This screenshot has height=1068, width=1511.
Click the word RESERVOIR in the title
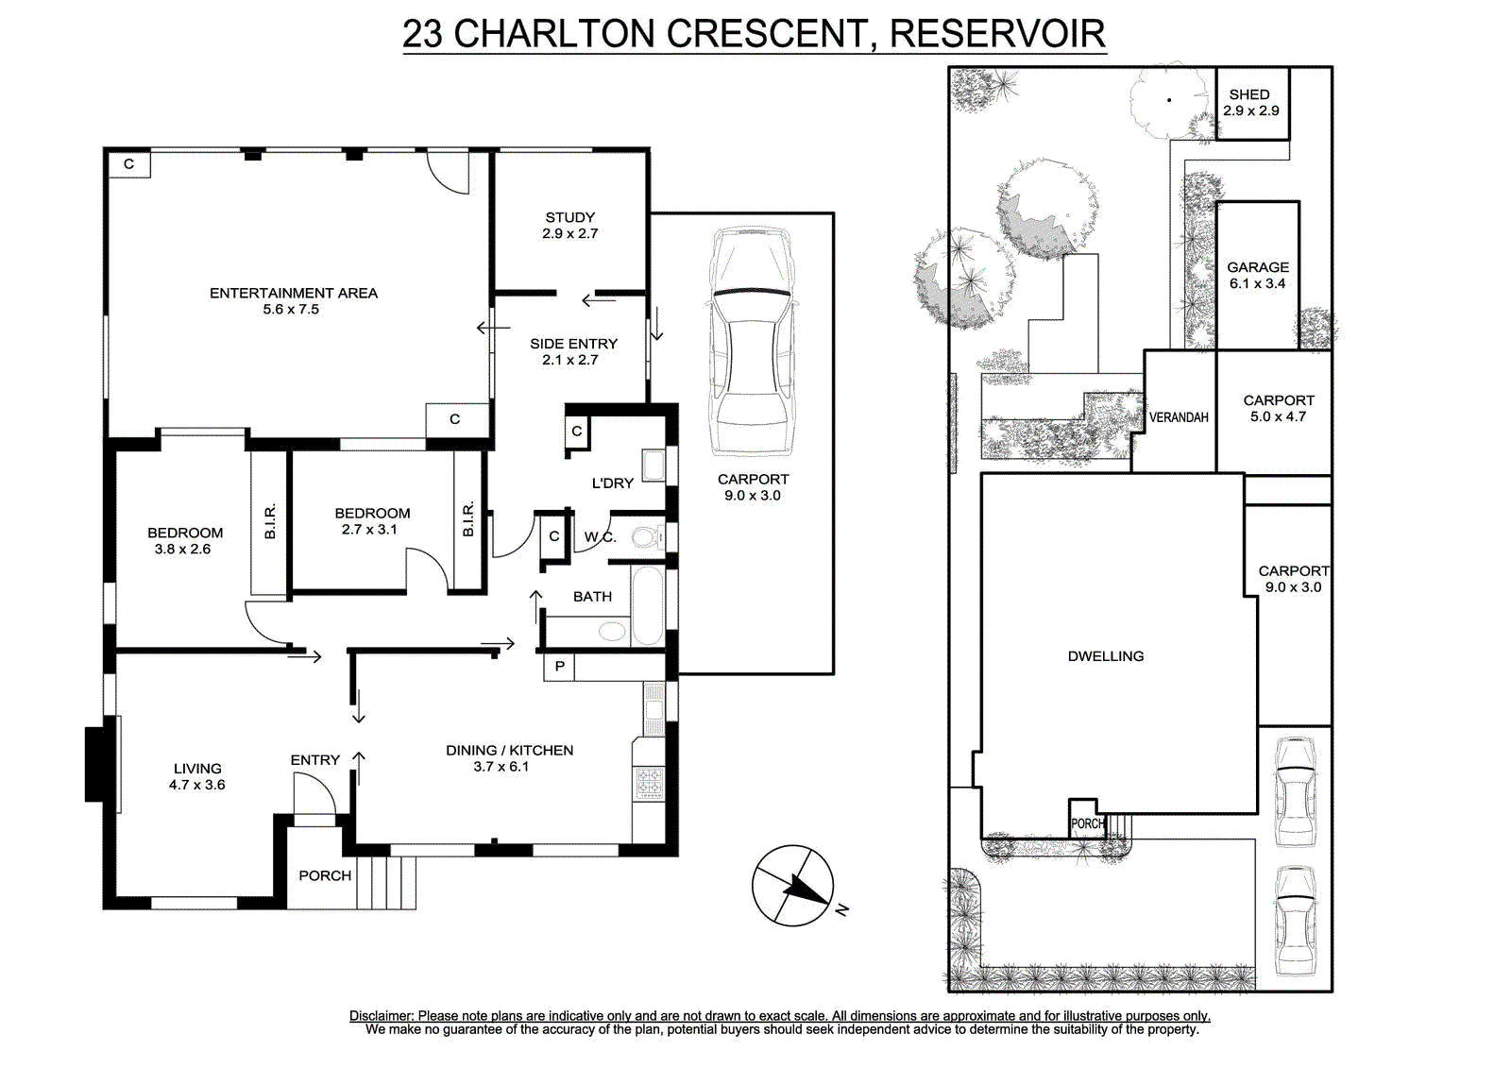pyautogui.click(x=997, y=34)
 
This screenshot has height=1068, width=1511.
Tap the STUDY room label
pyautogui.click(x=570, y=217)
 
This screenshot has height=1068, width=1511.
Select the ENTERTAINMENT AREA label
pyautogui.click(x=294, y=293)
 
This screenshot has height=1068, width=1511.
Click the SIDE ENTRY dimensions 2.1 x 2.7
pyautogui.click(x=570, y=360)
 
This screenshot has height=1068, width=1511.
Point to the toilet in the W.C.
pyautogui.click(x=646, y=537)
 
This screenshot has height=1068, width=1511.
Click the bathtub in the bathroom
pyautogui.click(x=648, y=606)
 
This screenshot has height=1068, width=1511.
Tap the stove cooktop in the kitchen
pyautogui.click(x=650, y=783)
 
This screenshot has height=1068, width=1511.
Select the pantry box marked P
pyautogui.click(x=559, y=667)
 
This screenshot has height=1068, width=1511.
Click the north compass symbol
pyautogui.click(x=793, y=885)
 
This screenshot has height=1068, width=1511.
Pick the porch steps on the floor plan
pyautogui.click(x=386, y=883)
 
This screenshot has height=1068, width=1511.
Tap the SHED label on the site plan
pyautogui.click(x=1249, y=94)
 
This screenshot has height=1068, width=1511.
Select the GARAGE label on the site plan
pyautogui.click(x=1257, y=267)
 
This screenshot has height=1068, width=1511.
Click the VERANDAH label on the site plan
pyautogui.click(x=1179, y=417)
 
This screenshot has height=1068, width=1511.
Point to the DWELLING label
pyautogui.click(x=1106, y=655)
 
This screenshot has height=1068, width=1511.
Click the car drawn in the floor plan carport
pyautogui.click(x=752, y=342)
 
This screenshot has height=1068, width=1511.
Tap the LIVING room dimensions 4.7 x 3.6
pyautogui.click(x=197, y=785)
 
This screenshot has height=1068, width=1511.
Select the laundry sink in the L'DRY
pyautogui.click(x=653, y=466)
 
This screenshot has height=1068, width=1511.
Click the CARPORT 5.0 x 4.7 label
pyautogui.click(x=1279, y=408)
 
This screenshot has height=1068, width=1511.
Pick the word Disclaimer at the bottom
pyautogui.click(x=381, y=1016)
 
